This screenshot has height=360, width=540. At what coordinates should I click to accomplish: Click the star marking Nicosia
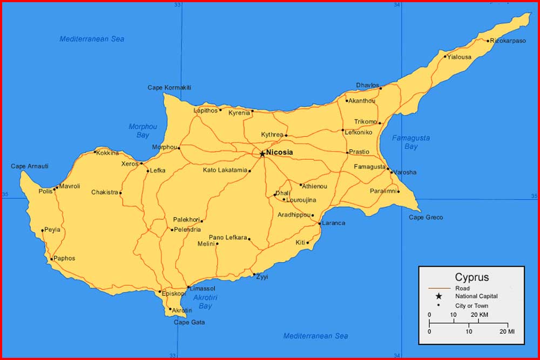[x=262, y=154]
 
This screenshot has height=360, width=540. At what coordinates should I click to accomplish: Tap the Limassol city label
[x=203, y=289]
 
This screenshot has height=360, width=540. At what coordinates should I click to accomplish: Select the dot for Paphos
[x=52, y=259]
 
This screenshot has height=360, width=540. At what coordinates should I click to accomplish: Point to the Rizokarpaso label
[x=508, y=40]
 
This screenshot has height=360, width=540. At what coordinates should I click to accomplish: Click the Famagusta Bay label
[x=411, y=142]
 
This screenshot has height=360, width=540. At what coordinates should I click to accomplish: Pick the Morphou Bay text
[x=143, y=131]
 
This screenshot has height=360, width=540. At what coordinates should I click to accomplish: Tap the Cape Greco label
[x=426, y=218]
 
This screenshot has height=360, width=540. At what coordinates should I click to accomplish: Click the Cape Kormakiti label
[x=170, y=87]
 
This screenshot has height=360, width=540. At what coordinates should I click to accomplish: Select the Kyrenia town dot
[x=252, y=111]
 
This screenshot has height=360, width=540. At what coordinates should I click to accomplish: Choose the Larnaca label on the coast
[x=333, y=223]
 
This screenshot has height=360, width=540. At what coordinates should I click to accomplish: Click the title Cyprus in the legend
[x=471, y=277]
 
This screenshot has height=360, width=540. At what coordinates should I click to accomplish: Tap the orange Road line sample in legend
[x=438, y=288]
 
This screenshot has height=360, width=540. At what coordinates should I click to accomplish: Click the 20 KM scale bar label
[x=480, y=315]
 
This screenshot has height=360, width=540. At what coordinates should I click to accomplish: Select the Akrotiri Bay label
[x=205, y=302]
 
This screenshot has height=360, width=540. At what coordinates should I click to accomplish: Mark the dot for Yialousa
[x=446, y=56]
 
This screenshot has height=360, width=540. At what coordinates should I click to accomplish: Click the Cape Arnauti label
[x=30, y=166]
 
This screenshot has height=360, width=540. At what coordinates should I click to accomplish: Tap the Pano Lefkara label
[x=228, y=237]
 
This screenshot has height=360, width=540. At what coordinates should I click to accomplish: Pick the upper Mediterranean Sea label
[x=92, y=39]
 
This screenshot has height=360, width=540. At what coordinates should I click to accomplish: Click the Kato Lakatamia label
[x=225, y=171]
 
